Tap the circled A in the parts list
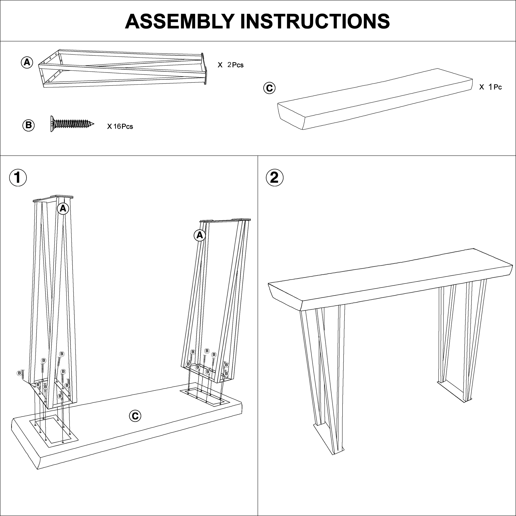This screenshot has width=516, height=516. [27, 63]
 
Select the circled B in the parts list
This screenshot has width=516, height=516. [29, 125]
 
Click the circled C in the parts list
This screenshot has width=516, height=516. [269, 88]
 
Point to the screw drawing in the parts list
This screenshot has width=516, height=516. [72, 124]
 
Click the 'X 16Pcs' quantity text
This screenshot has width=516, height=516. [120, 126]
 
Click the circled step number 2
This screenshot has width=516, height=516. [275, 178]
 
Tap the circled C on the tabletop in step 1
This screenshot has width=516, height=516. [135, 416]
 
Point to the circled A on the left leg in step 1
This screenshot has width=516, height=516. [63, 208]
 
